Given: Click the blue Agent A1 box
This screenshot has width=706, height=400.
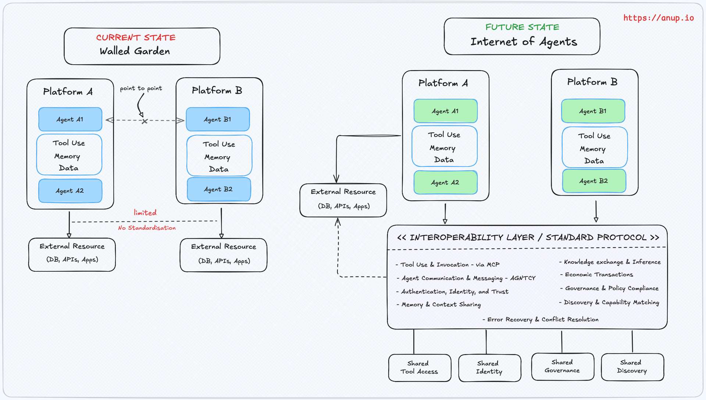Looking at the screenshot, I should (x=70, y=119).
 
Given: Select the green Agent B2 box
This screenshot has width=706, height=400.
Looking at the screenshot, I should (x=593, y=181).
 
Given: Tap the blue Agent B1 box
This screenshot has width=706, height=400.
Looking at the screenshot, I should (x=218, y=119).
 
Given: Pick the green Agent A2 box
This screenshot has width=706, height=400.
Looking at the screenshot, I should (x=445, y=182).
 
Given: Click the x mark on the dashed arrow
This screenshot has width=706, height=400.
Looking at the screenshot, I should (x=145, y=121).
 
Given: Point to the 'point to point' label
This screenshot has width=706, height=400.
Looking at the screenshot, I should (x=141, y=88).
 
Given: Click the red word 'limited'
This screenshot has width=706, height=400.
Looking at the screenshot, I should (x=145, y=213).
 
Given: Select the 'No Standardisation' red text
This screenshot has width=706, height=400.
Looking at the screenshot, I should (x=147, y=228).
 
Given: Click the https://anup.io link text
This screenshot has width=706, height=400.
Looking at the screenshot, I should (x=658, y=18).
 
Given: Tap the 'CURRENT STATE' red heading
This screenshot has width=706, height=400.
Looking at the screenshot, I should (x=136, y=37).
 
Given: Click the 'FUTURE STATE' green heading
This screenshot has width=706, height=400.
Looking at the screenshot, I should (x=522, y=27).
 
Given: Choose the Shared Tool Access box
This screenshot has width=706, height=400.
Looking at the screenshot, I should (x=419, y=368).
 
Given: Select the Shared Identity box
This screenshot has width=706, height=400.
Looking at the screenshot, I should (x=489, y=368).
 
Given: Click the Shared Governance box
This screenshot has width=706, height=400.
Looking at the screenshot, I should (x=562, y=367).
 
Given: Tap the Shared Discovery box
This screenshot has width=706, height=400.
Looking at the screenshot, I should (x=632, y=367).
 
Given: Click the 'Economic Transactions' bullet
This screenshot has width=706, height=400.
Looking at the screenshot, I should (x=599, y=275).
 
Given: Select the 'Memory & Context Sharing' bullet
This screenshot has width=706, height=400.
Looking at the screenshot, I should (x=441, y=304).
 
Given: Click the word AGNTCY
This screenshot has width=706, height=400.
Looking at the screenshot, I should (x=523, y=278).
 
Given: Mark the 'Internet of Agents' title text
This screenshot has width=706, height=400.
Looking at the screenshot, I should (x=524, y=42).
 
